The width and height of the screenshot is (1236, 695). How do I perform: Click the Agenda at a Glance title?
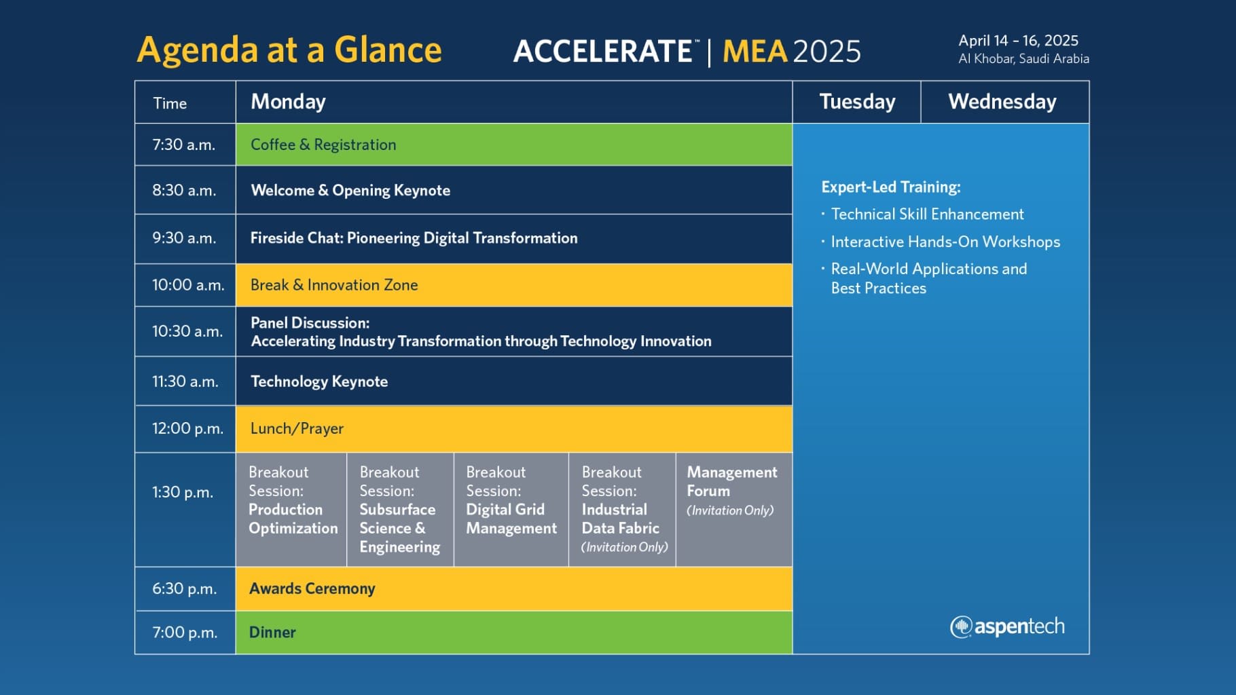289,50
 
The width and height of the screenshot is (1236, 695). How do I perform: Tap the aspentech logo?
1007,626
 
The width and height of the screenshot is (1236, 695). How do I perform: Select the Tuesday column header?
857,102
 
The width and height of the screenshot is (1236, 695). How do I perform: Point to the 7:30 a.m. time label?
183,145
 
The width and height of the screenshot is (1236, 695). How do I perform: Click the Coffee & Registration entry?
323,145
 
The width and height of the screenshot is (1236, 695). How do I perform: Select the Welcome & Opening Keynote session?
350,190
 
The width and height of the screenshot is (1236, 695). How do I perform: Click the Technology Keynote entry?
319,381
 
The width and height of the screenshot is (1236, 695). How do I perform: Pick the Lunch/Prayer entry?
297,428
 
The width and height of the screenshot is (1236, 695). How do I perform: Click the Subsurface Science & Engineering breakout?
400,509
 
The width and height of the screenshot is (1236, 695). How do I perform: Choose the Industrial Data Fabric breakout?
622,509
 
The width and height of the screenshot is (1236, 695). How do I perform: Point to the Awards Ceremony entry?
312,588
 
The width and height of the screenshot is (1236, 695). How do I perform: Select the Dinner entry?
272,633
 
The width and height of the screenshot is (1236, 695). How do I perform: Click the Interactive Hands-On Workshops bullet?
941,242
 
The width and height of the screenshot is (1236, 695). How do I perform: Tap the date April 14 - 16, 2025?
1018,41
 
